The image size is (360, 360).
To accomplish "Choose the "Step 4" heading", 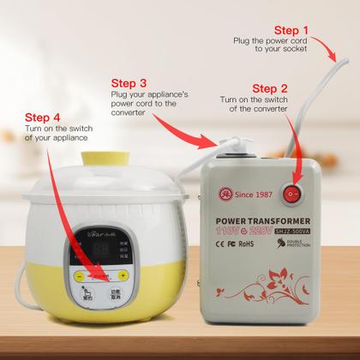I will (44, 117).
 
